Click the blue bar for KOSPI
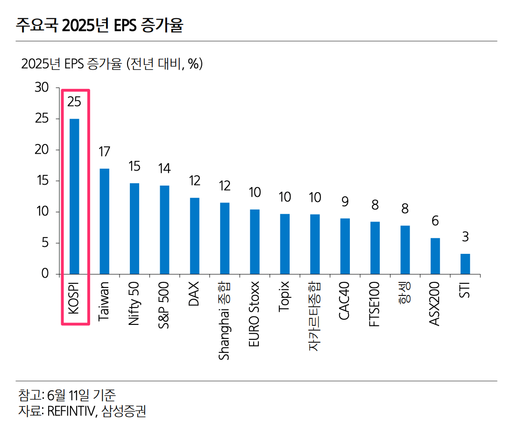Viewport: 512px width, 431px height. [x=74, y=196]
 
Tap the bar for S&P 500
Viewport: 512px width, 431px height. [x=164, y=230]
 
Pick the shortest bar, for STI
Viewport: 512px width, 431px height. [x=465, y=264]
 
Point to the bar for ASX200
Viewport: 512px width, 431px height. [x=435, y=256]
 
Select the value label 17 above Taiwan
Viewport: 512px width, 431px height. [x=104, y=151]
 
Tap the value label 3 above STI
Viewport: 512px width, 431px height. [x=465, y=237]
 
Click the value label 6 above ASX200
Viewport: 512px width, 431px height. [x=435, y=221]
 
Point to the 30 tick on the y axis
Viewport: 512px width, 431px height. [x=42, y=88]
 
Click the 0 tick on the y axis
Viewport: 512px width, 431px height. [x=45, y=274]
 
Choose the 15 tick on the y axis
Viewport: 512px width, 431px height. [x=42, y=181]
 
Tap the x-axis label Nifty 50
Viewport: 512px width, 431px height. [x=135, y=304]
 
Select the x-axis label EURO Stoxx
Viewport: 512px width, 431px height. [x=255, y=314]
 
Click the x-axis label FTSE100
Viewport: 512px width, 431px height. [x=375, y=304]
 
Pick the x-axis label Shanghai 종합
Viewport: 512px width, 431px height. [x=225, y=320]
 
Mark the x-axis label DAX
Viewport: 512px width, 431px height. [x=194, y=294]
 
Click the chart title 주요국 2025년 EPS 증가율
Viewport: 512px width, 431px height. [x=99, y=25]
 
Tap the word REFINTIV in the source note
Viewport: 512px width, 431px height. [x=71, y=411]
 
